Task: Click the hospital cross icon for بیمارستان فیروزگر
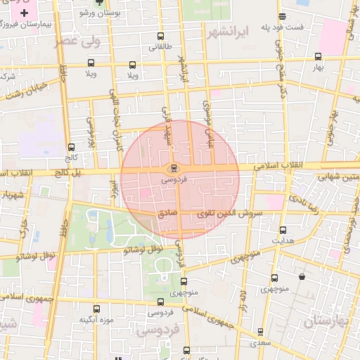click(x=25, y=13)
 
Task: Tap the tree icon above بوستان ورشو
click(x=99, y=4)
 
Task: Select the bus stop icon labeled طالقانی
click(x=161, y=37)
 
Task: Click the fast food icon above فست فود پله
click(x=282, y=16)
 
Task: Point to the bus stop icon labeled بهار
click(x=319, y=56)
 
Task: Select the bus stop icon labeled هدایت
click(x=283, y=230)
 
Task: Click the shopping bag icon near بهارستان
click(x=302, y=276)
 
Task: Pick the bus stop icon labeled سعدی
click(x=260, y=331)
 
